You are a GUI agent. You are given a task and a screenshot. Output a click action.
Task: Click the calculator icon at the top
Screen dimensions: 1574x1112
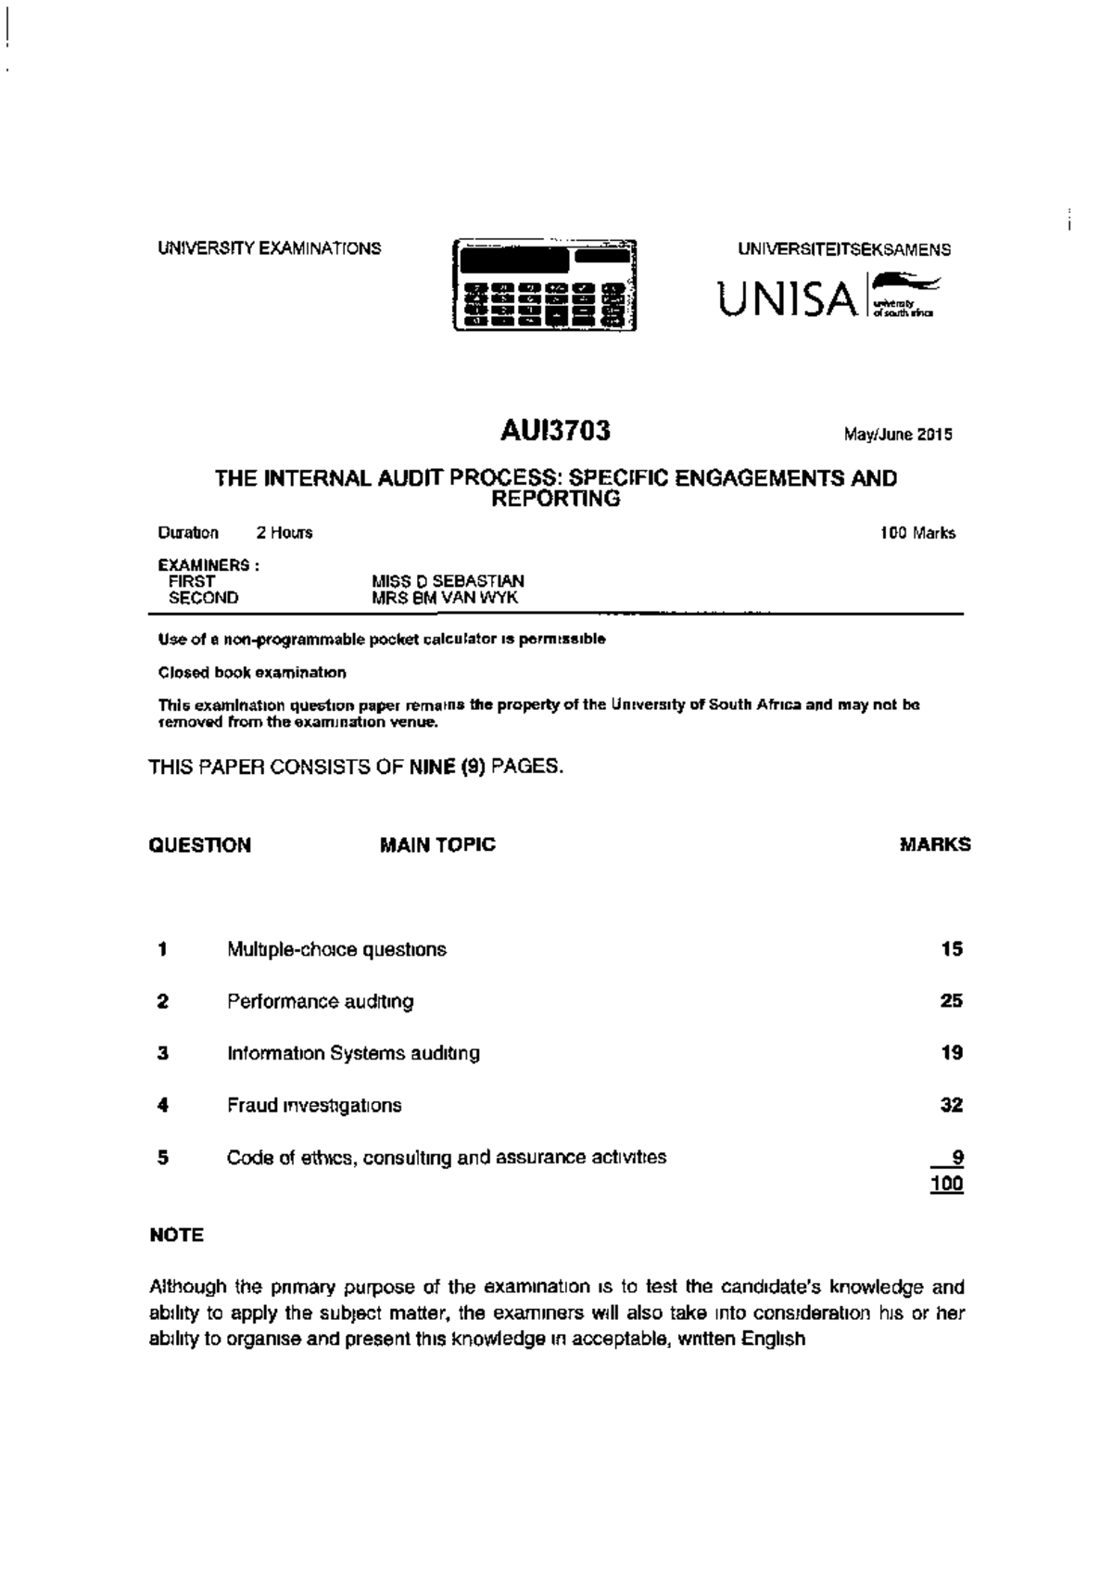(x=544, y=285)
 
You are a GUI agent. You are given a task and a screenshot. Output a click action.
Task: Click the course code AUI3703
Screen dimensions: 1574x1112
(x=555, y=431)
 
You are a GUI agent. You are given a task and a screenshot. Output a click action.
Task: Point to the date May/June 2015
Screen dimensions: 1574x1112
(x=897, y=434)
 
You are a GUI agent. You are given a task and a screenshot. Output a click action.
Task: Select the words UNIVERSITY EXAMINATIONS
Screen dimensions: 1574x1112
(x=269, y=248)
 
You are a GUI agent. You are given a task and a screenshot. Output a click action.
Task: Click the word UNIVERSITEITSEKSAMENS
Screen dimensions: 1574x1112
(x=844, y=249)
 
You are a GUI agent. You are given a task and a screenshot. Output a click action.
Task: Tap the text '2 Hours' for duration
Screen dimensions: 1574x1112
(x=284, y=533)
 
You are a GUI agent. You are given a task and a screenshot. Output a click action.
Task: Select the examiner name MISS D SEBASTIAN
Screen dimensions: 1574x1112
(x=448, y=581)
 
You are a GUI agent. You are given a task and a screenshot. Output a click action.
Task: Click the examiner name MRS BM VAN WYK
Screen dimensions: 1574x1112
(x=445, y=598)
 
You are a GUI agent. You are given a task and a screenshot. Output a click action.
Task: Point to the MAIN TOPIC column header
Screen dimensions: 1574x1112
(x=437, y=844)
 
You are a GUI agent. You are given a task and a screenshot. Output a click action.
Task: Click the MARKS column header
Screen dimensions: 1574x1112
(x=935, y=844)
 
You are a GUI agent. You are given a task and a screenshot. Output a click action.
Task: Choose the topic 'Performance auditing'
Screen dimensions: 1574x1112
(x=321, y=1001)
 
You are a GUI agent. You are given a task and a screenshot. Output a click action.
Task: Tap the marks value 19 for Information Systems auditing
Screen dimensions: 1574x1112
(x=951, y=1053)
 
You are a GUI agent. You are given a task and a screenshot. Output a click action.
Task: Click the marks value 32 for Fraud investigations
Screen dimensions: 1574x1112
(x=951, y=1105)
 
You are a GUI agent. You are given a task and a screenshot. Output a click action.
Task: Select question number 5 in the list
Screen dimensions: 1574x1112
(x=163, y=1157)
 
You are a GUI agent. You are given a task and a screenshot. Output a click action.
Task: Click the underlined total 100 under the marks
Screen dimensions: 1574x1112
(x=948, y=1184)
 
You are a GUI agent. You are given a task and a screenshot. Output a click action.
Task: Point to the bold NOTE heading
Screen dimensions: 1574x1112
(x=176, y=1235)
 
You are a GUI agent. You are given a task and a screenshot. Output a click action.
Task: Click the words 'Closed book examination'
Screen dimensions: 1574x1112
(x=252, y=672)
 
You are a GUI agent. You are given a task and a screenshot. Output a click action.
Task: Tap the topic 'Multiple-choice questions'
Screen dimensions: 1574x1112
(x=336, y=949)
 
